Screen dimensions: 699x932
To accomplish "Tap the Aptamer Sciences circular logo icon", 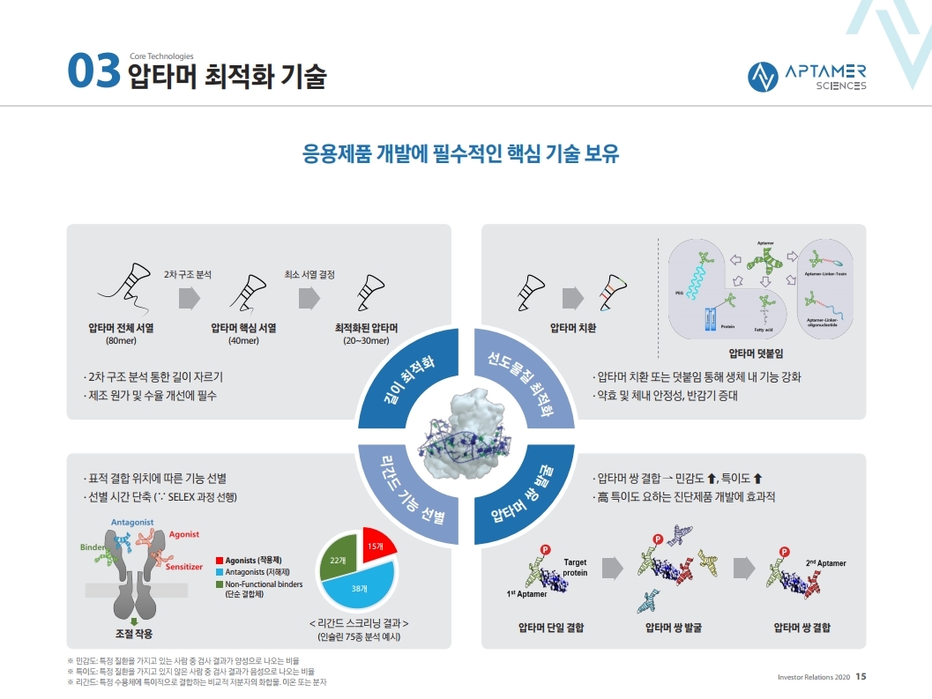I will (x=762, y=77).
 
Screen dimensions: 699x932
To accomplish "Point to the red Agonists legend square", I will (x=220, y=561).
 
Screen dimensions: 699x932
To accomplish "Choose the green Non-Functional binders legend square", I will (x=220, y=584).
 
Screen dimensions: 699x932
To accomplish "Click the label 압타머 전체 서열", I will (x=121, y=327).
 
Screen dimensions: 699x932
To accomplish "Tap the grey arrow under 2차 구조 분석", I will (x=190, y=298).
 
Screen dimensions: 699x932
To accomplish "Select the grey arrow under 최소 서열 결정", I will (x=309, y=298).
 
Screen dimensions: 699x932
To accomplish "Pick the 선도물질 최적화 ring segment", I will (x=519, y=379).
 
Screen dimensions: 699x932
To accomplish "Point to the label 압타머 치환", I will (x=573, y=327).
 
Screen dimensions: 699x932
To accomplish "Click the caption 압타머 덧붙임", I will (x=756, y=353).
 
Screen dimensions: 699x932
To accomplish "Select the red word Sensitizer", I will (x=184, y=566).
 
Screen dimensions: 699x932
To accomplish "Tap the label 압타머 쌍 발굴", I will (x=674, y=628).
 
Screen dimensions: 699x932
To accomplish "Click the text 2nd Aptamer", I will (x=825, y=562).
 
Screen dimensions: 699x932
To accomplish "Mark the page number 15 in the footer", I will (x=861, y=677).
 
